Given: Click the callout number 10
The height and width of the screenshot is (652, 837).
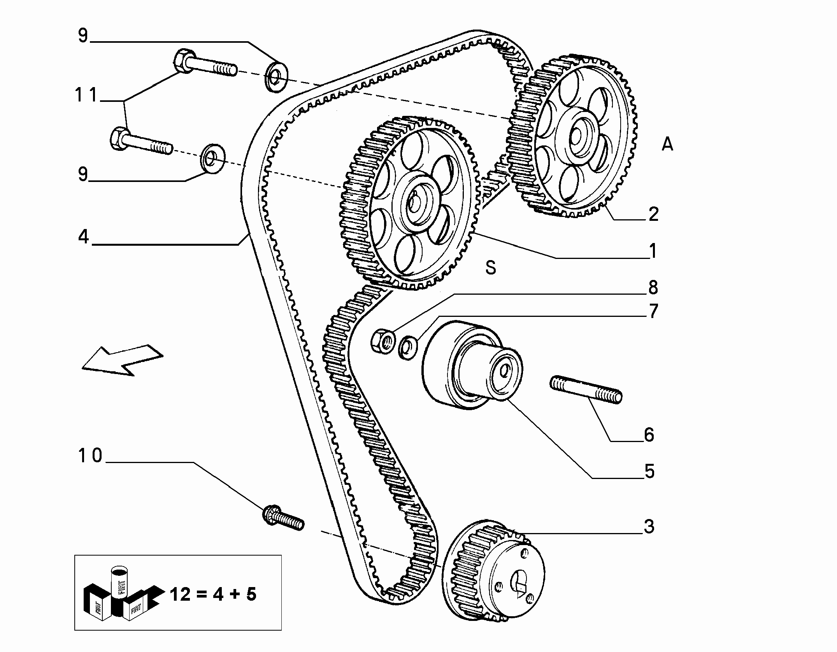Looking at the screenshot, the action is coord(90,455).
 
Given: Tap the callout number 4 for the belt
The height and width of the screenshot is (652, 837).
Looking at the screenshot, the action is coord(83,236).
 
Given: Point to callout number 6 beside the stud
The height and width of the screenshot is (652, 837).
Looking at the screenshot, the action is coord(649,435).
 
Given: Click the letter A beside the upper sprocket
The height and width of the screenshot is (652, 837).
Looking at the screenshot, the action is coord(667,145).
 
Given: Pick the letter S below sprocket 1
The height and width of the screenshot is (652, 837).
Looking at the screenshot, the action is coord(491,268).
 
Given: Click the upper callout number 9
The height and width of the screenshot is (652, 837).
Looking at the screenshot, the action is coord(83,36).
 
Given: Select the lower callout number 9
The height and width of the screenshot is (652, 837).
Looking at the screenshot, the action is coord(83,175).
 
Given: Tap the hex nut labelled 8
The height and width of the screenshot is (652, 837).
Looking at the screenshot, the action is coord(382,341).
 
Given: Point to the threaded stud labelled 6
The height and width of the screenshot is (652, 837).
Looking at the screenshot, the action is coord(586,389).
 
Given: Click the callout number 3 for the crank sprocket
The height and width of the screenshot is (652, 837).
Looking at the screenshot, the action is coord(649,527).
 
